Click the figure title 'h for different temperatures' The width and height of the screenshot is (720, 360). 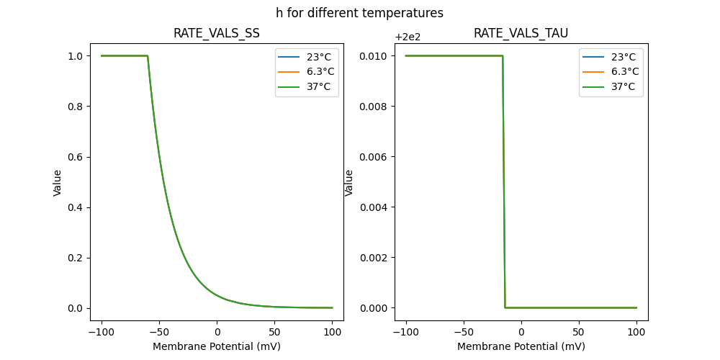[359, 13]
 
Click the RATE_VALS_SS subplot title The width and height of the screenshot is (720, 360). [217, 33]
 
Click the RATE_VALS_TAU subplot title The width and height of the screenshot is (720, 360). [521, 33]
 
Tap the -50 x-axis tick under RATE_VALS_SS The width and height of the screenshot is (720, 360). [159, 333]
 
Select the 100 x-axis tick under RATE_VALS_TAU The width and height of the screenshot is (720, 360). [636, 333]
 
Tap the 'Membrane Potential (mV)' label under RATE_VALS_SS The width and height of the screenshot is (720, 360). [217, 346]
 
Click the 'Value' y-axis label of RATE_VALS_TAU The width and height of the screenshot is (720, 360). [349, 182]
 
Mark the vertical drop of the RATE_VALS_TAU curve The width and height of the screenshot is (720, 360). [504, 180]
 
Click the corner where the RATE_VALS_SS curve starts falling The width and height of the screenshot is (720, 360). [148, 56]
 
